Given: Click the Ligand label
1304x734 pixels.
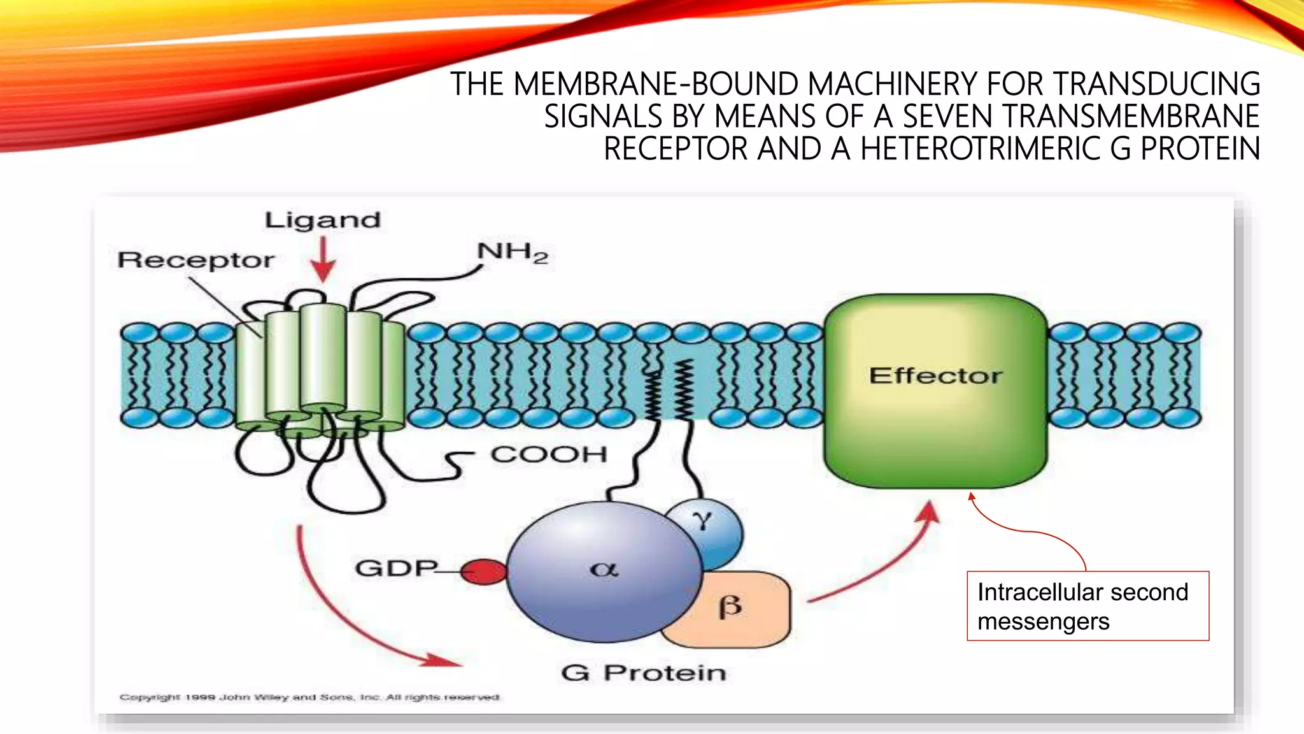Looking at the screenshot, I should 322,220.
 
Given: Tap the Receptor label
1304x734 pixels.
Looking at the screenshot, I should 196,261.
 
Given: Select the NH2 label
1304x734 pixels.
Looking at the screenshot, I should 512,253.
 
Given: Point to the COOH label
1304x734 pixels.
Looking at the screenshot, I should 548,455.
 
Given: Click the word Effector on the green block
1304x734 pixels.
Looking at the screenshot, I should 935,376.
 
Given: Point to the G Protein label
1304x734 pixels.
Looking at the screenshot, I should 643,673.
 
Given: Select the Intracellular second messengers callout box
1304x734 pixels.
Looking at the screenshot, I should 1088,606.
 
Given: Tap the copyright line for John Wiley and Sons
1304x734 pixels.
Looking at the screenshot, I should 309,697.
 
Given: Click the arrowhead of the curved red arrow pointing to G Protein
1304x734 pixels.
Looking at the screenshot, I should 446,661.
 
